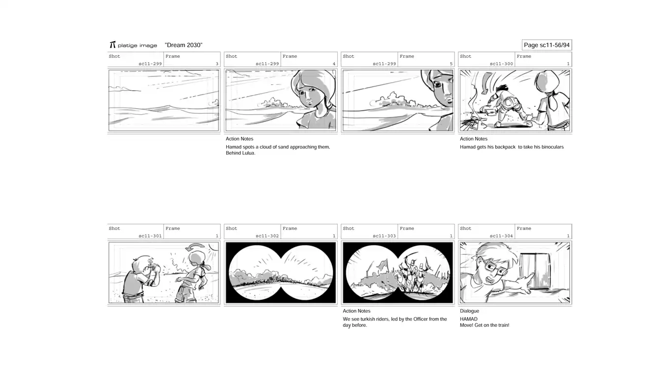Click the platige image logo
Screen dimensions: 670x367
pyautogui.click(x=134, y=45)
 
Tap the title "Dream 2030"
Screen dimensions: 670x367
pyautogui.click(x=184, y=45)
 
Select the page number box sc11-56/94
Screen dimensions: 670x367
pyautogui.click(x=547, y=45)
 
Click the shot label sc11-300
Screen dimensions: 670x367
pyautogui.click(x=501, y=64)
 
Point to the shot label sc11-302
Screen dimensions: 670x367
pyautogui.click(x=267, y=236)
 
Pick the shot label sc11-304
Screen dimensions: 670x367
pyautogui.click(x=501, y=236)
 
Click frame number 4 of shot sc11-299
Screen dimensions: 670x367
pyautogui.click(x=334, y=64)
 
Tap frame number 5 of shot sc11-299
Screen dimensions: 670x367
pyautogui.click(x=451, y=64)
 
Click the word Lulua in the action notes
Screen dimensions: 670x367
pyautogui.click(x=248, y=153)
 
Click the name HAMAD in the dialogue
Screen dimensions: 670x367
pyautogui.click(x=469, y=319)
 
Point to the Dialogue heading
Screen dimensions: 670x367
pyautogui.click(x=469, y=311)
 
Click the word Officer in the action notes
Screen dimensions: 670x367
pyautogui.click(x=420, y=319)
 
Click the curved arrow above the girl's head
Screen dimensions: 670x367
pyautogui.click(x=195, y=247)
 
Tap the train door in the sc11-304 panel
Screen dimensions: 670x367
pyautogui.click(x=535, y=271)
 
